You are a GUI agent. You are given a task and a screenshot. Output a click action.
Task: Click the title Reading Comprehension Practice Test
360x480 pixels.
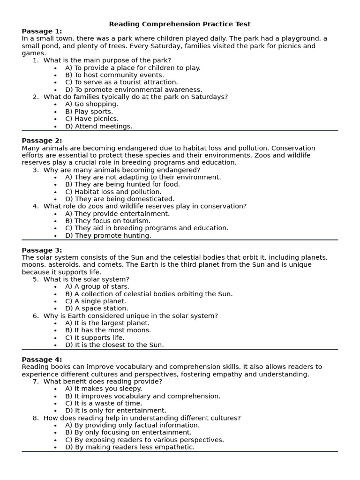tap(180, 24)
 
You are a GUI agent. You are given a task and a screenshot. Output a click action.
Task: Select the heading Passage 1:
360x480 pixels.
tap(42, 31)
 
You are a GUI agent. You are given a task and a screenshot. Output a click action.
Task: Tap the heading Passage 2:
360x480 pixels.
tap(42, 141)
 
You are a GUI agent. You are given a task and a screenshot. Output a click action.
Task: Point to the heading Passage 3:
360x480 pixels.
tap(42, 250)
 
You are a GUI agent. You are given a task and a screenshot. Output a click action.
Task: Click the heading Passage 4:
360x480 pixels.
tap(42, 360)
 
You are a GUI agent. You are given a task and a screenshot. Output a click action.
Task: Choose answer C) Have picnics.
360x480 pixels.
tap(92, 119)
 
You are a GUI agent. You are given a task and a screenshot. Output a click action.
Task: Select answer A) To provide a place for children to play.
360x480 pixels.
tap(133, 67)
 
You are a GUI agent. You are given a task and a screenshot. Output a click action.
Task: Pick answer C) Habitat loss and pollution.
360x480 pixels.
tap(113, 192)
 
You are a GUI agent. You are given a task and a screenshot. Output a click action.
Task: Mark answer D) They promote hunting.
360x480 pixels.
tap(108, 236)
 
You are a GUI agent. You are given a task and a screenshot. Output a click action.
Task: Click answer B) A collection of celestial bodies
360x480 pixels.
tap(149, 294)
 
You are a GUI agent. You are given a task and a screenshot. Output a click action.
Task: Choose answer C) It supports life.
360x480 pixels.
tap(95, 337)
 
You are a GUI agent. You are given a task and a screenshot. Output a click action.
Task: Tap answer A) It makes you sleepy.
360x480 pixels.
tap(104, 389)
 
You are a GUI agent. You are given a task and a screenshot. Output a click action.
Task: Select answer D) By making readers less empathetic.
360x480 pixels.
tap(129, 447)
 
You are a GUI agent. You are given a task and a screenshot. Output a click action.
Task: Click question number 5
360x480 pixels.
tap(36, 279)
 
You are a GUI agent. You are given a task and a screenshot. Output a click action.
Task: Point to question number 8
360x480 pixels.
tap(36, 418)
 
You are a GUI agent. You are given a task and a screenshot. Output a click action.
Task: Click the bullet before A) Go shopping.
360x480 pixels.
tap(55, 105)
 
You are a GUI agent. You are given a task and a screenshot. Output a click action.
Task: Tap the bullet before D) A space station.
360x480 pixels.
tap(55, 309)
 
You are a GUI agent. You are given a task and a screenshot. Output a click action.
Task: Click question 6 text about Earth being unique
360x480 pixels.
tap(130, 316)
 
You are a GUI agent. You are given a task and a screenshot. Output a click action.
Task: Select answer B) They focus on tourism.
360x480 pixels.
tap(108, 221)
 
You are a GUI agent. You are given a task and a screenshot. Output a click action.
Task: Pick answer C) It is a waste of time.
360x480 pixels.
tap(104, 403)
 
